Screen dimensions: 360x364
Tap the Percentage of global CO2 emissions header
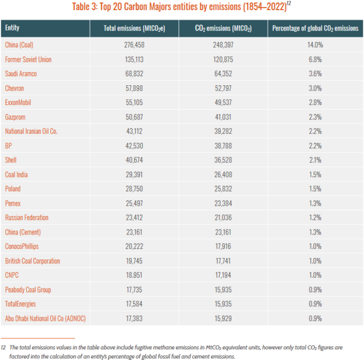[315, 28]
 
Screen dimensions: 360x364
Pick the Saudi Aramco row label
[20, 74]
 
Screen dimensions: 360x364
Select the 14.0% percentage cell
[315, 45]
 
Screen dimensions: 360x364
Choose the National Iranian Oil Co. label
[31, 131]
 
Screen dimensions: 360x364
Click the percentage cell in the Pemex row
[315, 203]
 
